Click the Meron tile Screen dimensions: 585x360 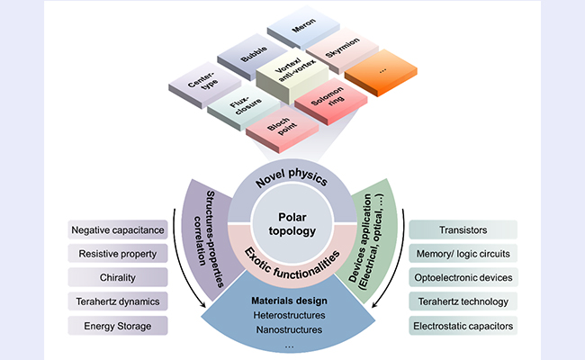pyautogui.click(x=303, y=27)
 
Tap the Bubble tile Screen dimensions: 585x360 pyautogui.click(x=253, y=56)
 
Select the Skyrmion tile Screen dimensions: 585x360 pyautogui.click(x=343, y=50)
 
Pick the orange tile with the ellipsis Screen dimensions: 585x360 pyautogui.click(x=381, y=73)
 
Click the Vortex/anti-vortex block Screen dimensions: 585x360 pyautogui.click(x=292, y=75)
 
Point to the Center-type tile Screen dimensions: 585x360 pyautogui.click(x=204, y=85)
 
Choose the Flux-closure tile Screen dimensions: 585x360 pyautogui.click(x=245, y=107)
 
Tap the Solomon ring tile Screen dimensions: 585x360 pyautogui.click(x=331, y=101)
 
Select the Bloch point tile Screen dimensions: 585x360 pyautogui.click(x=282, y=129)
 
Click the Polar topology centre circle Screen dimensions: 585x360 pyautogui.click(x=292, y=224)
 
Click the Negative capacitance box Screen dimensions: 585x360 pyautogui.click(x=118, y=229)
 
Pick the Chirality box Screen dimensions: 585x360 pyautogui.click(x=118, y=277)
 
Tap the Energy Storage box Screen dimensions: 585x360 pyautogui.click(x=118, y=326)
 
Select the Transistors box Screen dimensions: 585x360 pyautogui.click(x=463, y=229)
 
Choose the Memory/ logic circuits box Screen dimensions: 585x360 pyautogui.click(x=463, y=254)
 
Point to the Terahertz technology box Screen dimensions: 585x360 pyautogui.click(x=463, y=301)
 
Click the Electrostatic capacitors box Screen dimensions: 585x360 pyautogui.click(x=463, y=326)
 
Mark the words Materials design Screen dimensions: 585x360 pyautogui.click(x=289, y=301)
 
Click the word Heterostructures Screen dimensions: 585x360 pyautogui.click(x=289, y=315)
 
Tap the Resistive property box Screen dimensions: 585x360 pyautogui.click(x=118, y=254)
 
